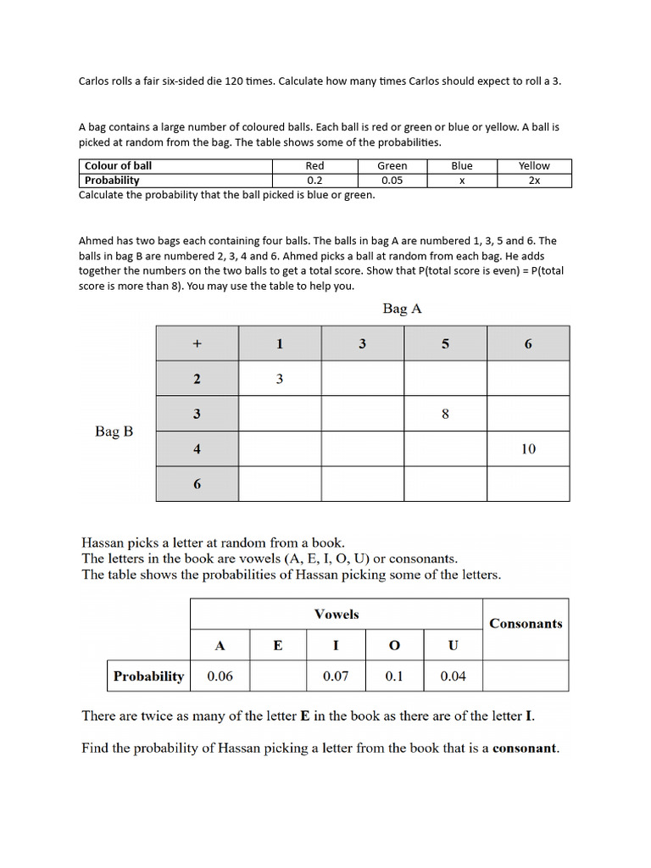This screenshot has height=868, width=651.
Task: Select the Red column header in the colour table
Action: [x=314, y=166]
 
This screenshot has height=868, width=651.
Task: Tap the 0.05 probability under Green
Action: [x=392, y=181]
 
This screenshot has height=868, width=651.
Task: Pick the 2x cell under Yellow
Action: [x=534, y=181]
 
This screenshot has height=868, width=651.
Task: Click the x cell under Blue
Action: [x=462, y=181]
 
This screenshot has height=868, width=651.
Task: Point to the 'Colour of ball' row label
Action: [x=119, y=166]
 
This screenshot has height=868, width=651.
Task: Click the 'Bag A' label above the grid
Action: [x=402, y=309]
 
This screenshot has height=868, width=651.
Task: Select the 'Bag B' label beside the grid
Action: [x=114, y=431]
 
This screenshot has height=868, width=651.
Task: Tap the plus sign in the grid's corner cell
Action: [x=197, y=344]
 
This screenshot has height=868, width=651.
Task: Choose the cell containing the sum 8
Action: [x=445, y=415]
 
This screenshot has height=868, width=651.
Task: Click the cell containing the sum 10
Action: [x=528, y=449]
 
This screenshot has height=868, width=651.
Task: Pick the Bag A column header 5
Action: [x=445, y=344]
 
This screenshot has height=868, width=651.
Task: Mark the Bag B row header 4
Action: [x=197, y=449]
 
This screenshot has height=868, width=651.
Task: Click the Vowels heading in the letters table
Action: [x=337, y=614]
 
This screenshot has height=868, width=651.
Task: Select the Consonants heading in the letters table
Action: [x=526, y=624]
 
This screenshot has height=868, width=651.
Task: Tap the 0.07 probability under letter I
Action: [x=336, y=676]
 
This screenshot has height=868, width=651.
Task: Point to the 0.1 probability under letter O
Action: [x=394, y=676]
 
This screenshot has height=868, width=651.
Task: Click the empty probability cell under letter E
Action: [x=278, y=676]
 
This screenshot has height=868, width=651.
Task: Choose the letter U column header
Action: [x=453, y=646]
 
